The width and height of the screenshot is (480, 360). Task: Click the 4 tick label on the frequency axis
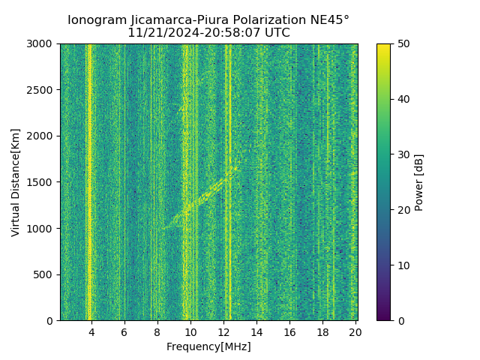pyautogui.click(x=91, y=331)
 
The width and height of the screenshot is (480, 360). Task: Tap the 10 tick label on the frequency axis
pyautogui.click(x=190, y=331)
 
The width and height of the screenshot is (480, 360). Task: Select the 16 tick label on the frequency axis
pyautogui.click(x=289, y=331)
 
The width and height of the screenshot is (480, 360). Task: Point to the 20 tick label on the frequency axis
pyautogui.click(x=355, y=331)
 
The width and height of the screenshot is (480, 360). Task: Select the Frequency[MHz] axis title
pyautogui.click(x=208, y=346)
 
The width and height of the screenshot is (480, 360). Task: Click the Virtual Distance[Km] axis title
pyautogui.click(x=15, y=182)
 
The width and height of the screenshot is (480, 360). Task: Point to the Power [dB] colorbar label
pyautogui.click(x=419, y=182)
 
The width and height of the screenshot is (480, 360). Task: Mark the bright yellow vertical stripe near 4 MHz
pyautogui.click(x=89, y=180)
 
